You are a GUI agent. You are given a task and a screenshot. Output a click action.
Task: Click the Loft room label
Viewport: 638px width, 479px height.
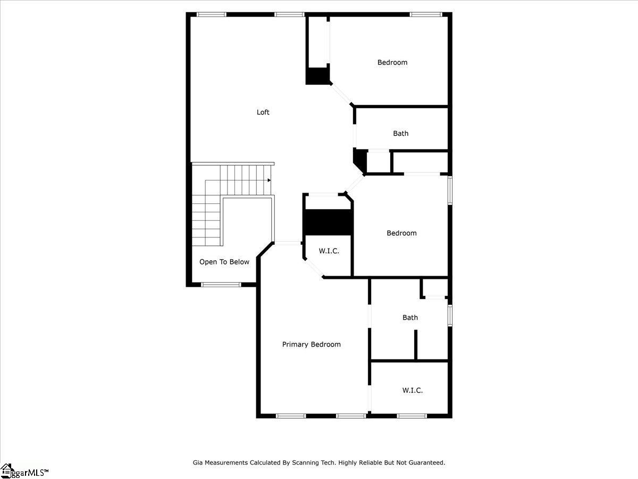coord(263,112)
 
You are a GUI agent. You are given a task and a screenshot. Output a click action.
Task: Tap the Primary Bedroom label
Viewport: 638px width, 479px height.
coord(312,344)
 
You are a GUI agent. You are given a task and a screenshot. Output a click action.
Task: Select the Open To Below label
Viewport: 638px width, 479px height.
coord(224,262)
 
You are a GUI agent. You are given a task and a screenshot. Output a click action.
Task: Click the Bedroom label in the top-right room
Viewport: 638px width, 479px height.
coord(392,62)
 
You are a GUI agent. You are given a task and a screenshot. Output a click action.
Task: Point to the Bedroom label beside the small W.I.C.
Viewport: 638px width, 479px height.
coord(401,233)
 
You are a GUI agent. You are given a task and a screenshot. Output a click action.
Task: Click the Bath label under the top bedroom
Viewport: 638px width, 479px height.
coord(400,133)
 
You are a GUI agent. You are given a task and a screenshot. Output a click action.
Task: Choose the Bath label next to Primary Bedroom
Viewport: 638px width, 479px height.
coord(410,317)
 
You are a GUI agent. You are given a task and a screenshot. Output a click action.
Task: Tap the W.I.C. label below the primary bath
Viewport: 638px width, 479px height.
coord(412,390)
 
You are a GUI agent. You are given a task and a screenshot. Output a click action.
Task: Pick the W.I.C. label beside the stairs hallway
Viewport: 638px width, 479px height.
coord(329,251)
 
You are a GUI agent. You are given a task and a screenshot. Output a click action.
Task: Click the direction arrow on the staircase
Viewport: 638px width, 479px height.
coord(269,180)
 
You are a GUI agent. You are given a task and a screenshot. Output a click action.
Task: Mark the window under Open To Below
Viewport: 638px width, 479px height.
coord(221,284)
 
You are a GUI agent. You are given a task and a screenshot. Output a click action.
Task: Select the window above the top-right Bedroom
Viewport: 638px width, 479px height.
coord(426,14)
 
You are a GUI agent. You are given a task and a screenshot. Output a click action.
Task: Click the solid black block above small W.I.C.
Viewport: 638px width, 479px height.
coord(328,222)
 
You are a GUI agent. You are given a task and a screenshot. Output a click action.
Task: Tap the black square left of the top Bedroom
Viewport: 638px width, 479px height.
coord(317,76)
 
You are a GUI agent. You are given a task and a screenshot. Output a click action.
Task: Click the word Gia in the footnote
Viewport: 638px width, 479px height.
coord(198,463)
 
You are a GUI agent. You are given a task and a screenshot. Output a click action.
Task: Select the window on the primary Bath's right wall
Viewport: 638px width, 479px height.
coord(450,315)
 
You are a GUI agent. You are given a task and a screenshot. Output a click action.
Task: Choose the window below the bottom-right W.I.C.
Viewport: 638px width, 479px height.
coord(412,416)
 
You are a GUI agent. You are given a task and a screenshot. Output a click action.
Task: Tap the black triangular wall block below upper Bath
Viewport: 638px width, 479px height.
coord(360,160)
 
